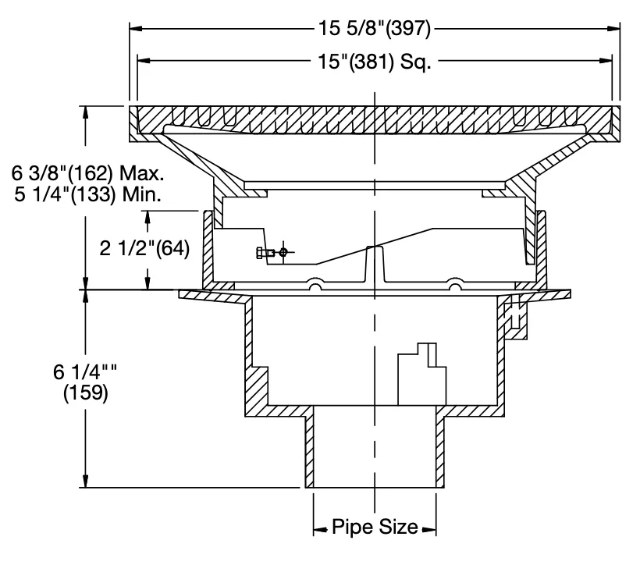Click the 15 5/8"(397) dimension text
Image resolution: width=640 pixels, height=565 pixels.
pyautogui.click(x=375, y=29)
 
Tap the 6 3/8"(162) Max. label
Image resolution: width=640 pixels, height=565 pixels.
pyautogui.click(x=87, y=173)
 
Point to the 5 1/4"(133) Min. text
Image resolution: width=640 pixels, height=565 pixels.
pyautogui.click(x=87, y=194)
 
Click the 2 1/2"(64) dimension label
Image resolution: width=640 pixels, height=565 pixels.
pyautogui.click(x=145, y=248)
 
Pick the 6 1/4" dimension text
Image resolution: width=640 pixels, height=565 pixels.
pyautogui.click(x=85, y=371)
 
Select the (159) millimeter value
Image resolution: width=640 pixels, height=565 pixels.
pyautogui.click(x=86, y=393)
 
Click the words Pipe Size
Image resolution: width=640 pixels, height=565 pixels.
pyautogui.click(x=375, y=527)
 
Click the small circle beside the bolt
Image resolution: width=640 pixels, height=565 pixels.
pyautogui.click(x=283, y=252)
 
